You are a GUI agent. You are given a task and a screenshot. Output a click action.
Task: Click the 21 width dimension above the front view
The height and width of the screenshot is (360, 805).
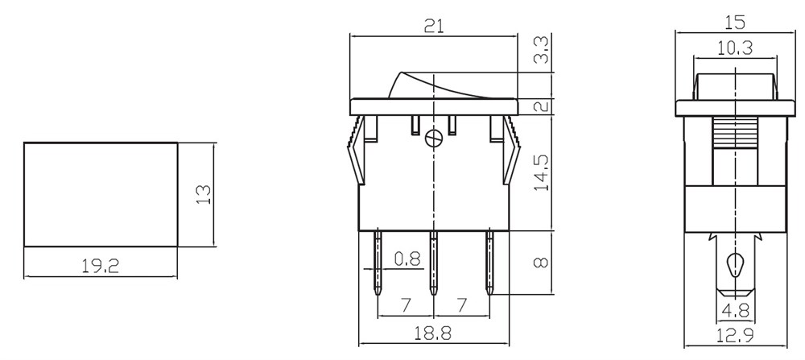coord(434,27)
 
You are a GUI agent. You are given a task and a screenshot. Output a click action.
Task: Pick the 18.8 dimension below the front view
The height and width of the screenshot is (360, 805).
coord(434,333)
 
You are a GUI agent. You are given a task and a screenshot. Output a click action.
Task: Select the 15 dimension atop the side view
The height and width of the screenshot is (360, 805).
coord(735,23)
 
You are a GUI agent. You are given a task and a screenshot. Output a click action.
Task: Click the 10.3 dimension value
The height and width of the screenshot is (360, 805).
coord(734,48)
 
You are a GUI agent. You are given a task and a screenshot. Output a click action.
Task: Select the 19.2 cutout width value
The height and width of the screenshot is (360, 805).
coord(101,266)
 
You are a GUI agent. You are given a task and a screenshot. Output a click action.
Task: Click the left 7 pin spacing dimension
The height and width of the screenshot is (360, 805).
coord(406,305)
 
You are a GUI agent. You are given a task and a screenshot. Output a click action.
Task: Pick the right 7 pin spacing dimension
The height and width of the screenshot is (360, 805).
coord(461,305)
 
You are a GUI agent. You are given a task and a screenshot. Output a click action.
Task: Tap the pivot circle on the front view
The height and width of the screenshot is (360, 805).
coord(434,139)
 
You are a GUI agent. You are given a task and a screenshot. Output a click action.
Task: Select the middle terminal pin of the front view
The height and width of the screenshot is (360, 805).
coord(434,263)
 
